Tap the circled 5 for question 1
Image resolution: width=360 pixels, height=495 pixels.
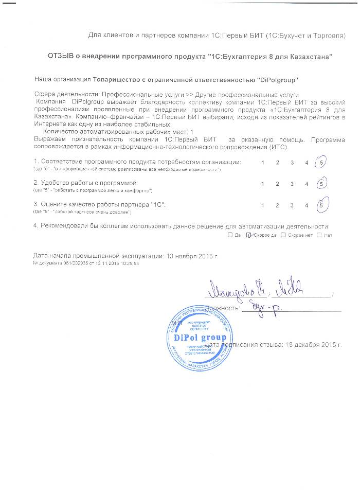321,163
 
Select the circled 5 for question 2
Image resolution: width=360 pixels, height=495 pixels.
321,184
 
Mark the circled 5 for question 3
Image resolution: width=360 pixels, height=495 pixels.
321,205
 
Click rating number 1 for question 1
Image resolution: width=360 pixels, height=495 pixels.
262,163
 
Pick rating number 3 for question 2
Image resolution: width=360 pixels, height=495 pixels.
292,184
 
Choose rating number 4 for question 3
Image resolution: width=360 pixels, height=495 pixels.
307,205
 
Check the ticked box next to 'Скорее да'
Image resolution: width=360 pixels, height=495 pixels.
249,235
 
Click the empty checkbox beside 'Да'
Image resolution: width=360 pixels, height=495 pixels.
229,235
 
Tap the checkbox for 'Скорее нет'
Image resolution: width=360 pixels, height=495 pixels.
283,235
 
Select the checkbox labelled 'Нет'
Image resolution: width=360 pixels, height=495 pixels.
319,235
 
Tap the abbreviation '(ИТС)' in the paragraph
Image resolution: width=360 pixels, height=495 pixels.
276,146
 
